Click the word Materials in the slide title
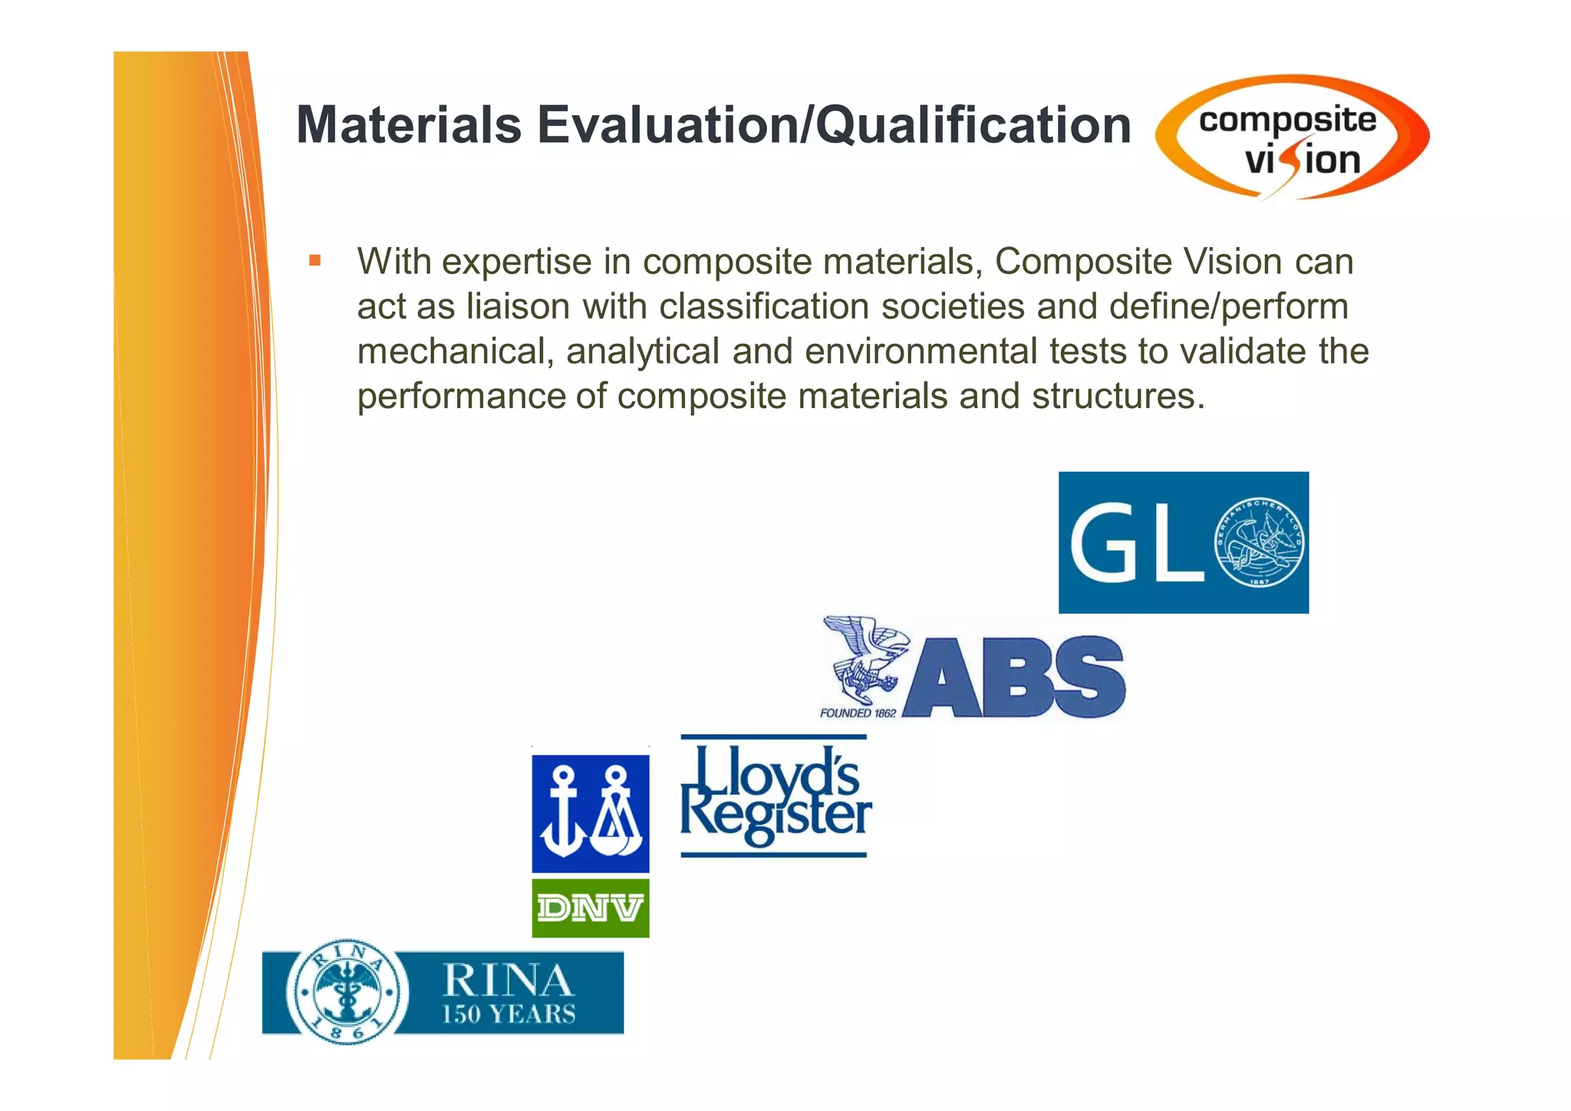pyautogui.click(x=408, y=125)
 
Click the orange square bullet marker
pyautogui.click(x=315, y=261)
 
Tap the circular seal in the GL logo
pyautogui.click(x=1259, y=543)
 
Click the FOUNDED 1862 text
pyautogui.click(x=858, y=713)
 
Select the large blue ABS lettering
pyautogui.click(x=1015, y=677)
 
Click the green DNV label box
pyautogui.click(x=591, y=908)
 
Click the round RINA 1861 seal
pyautogui.click(x=347, y=991)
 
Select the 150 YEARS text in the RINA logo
pyautogui.click(x=509, y=1014)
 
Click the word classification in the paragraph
pyautogui.click(x=763, y=307)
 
